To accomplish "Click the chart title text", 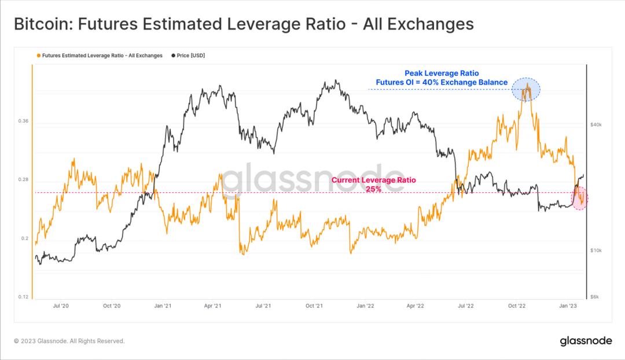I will [243, 24].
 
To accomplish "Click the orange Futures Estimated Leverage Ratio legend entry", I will [99, 56].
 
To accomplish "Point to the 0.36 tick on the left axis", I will [24, 122].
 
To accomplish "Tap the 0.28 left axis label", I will [24, 180].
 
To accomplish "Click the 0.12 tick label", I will [24, 297].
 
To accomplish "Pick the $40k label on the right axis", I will [596, 124].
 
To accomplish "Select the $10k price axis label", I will [596, 251].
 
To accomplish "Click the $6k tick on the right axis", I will [595, 297].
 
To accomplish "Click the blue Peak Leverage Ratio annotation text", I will [442, 78].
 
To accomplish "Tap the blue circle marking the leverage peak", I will [526, 89].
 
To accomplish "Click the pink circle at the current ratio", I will [580, 198].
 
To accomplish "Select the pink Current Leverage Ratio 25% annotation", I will [373, 185].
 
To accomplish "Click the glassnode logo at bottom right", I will [586, 341].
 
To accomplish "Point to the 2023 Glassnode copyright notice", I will [69, 341].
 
